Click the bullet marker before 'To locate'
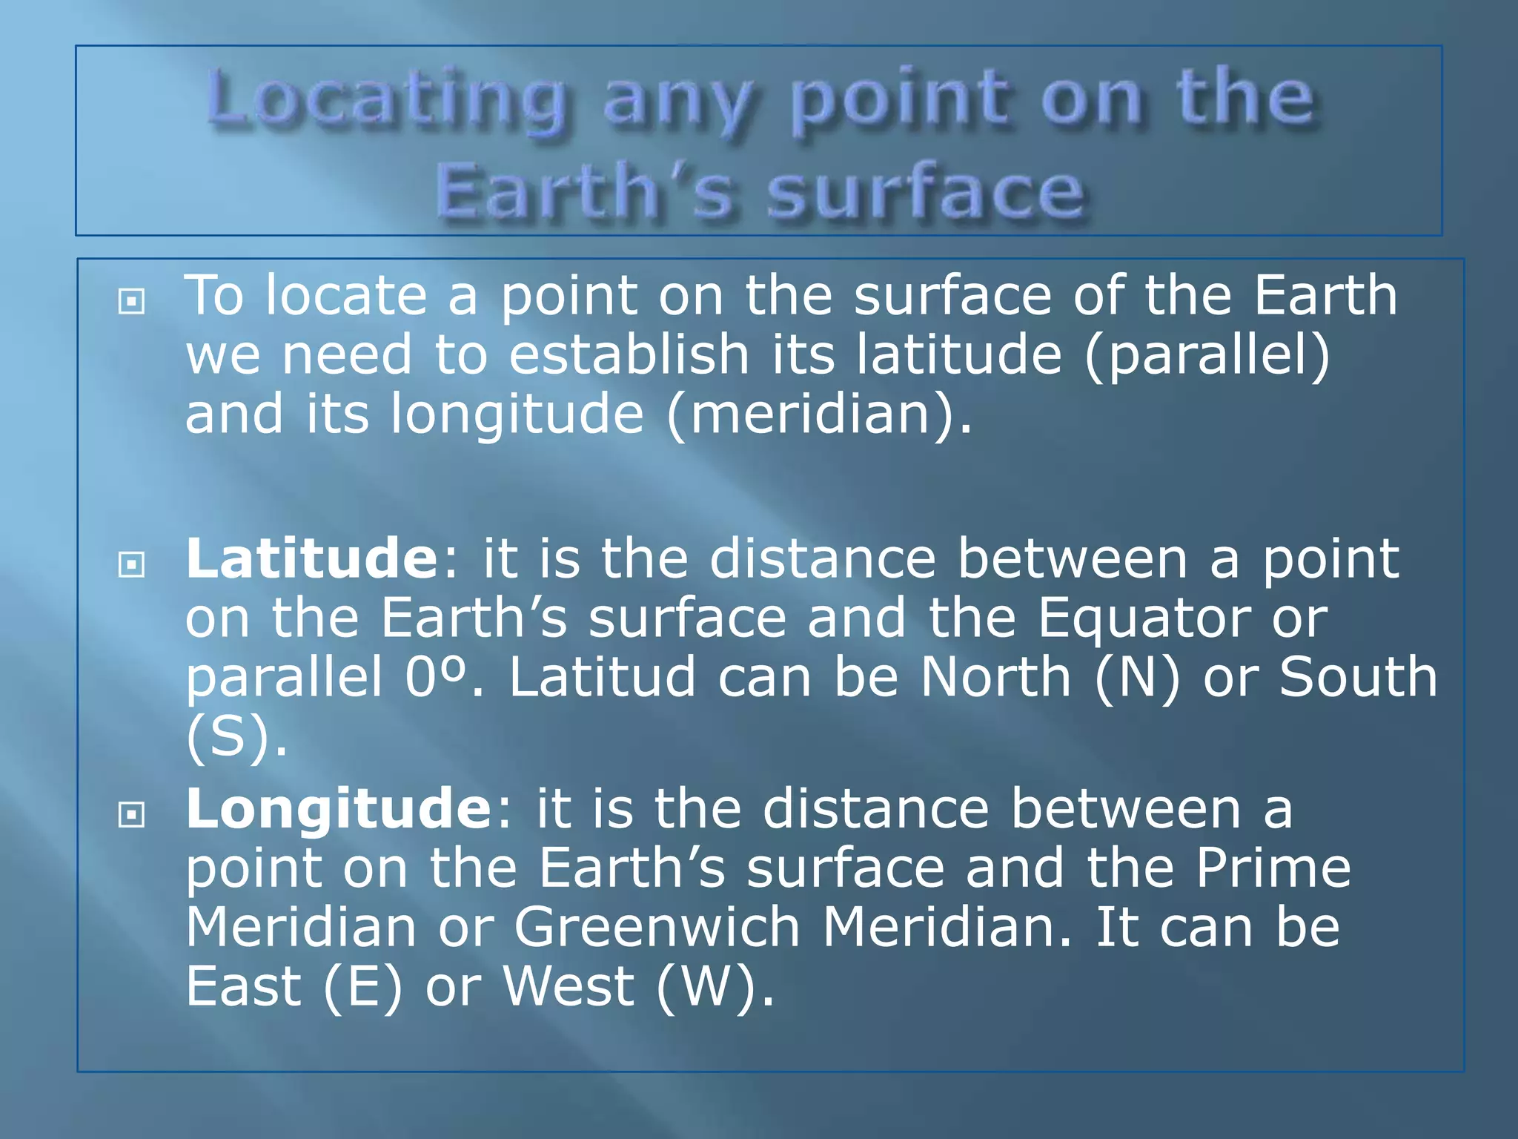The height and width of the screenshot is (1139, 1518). coord(131,302)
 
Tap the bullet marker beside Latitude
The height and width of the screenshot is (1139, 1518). coord(131,566)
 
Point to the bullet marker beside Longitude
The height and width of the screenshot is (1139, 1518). coord(131,816)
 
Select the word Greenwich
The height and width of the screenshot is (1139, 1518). coord(657,928)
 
